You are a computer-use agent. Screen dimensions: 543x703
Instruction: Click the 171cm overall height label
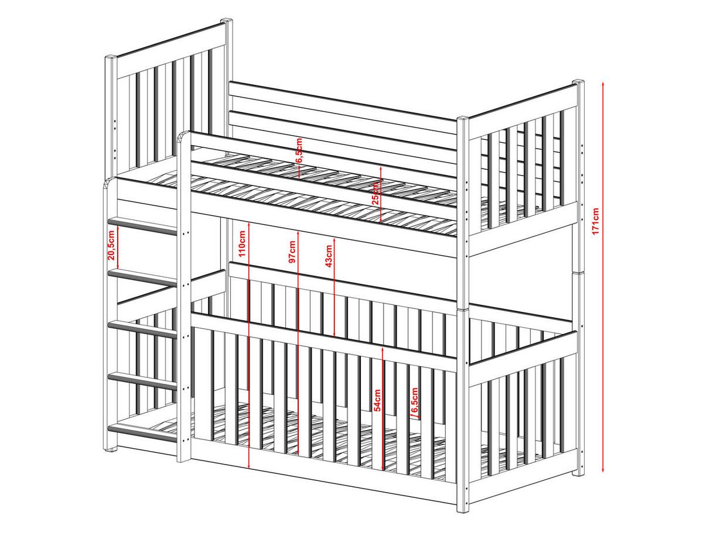(x=595, y=221)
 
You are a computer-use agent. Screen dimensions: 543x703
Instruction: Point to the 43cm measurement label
(x=329, y=255)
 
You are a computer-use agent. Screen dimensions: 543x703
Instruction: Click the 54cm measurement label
(x=378, y=400)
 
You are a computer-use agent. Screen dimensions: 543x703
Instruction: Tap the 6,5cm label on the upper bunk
(x=298, y=150)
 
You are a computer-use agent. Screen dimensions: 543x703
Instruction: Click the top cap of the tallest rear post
(x=227, y=22)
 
